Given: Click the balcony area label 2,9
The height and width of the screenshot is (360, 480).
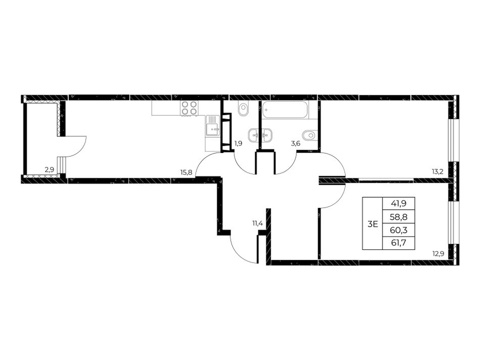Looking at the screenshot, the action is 50,170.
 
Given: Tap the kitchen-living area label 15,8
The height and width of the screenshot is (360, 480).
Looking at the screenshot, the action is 186,172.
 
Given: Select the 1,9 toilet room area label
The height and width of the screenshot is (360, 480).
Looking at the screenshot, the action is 238,143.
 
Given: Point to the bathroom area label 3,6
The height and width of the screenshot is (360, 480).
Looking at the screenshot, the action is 296,143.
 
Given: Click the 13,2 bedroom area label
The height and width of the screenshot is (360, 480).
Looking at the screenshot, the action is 438,172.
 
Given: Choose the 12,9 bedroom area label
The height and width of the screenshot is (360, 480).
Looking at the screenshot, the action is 438,253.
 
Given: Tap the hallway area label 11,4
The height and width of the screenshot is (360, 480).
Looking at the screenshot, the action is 258,223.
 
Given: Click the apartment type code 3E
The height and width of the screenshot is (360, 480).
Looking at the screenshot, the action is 372,224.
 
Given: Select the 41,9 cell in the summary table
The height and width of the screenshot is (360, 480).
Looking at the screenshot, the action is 398,203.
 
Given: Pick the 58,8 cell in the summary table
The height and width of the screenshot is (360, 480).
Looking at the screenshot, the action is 398,217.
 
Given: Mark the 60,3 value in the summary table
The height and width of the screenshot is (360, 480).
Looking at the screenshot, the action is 398,230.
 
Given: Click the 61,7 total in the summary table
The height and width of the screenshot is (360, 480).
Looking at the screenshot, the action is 398,243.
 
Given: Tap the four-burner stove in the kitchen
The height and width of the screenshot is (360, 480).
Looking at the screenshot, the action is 189,108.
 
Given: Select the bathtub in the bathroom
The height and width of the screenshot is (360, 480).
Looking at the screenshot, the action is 285,110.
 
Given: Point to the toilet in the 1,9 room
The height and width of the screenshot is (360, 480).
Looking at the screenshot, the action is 244,110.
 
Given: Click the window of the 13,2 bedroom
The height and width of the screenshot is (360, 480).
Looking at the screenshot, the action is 452,140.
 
